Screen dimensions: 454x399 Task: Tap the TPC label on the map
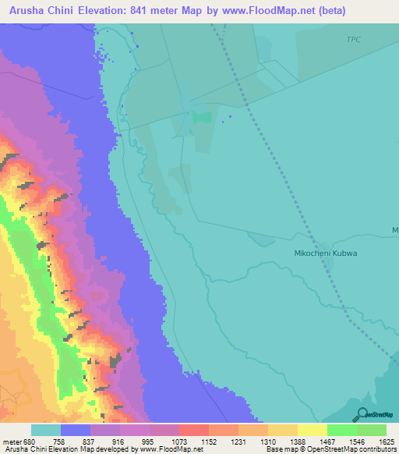(355, 39)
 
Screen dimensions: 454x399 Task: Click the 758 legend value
(61, 441)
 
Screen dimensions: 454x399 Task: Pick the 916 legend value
(119, 441)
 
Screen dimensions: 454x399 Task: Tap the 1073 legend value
(179, 441)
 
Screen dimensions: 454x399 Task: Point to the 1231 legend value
(238, 441)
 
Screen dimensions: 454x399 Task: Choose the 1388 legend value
(297, 441)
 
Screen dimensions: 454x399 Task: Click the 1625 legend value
(386, 441)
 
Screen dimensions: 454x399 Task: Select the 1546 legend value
(356, 441)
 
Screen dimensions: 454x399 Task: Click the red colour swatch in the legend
(194, 430)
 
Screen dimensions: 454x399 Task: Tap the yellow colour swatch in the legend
(312, 430)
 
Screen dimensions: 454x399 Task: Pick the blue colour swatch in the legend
(76, 430)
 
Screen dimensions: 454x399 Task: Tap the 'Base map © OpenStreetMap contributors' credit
(328, 450)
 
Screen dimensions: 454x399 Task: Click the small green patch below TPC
(202, 117)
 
